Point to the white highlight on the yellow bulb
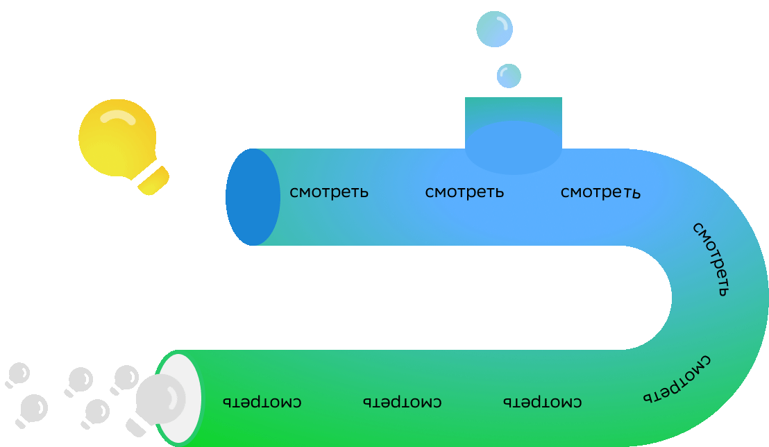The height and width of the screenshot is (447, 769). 118,117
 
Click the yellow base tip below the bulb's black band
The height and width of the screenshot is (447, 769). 158,185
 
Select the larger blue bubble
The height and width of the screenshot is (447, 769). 494,29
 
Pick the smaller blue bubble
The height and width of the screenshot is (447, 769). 509,76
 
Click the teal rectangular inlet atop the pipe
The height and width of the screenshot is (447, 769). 513,109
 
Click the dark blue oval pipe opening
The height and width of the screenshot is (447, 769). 253,197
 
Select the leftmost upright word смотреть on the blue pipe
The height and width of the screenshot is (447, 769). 328,192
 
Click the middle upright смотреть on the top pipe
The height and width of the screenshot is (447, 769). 464,192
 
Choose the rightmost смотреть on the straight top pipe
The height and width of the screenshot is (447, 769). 600,192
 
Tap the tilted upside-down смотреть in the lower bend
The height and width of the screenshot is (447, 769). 677,380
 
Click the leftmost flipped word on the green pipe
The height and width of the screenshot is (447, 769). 262,402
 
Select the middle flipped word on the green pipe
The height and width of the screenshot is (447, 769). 403,402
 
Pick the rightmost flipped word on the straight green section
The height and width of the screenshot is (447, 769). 542,402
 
